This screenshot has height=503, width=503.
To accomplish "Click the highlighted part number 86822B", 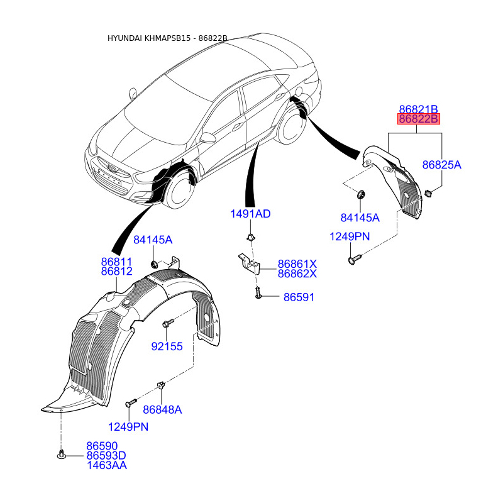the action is click(x=418, y=119).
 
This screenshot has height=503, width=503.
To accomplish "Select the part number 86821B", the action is click(x=418, y=109).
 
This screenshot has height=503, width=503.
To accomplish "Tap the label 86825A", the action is click(x=441, y=165).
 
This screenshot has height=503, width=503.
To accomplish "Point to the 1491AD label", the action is click(x=250, y=214).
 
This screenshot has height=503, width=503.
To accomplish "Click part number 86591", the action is click(x=299, y=297).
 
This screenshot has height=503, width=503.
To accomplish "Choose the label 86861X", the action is click(x=297, y=264).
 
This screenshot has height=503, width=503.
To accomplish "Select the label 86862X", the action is click(x=297, y=274).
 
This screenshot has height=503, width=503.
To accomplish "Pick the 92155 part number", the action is click(x=167, y=346).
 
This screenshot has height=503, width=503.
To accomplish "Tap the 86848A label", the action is click(x=162, y=410).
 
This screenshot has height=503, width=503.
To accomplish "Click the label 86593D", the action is click(x=106, y=455).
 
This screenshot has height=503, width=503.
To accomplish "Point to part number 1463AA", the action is click(x=107, y=465).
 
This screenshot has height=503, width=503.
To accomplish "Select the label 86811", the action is click(x=116, y=262).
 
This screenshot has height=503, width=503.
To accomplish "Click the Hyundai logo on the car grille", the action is click(x=113, y=168).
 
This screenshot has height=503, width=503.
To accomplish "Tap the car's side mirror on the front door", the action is click(x=207, y=138).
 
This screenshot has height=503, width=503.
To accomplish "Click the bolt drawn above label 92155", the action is click(x=168, y=323).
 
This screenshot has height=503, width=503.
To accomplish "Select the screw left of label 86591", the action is click(x=258, y=293).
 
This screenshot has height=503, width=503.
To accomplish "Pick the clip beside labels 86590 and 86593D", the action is click(x=61, y=454).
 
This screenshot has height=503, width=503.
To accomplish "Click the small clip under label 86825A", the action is click(x=428, y=193).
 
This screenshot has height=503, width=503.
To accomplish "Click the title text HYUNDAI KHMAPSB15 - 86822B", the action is click(x=167, y=38).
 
